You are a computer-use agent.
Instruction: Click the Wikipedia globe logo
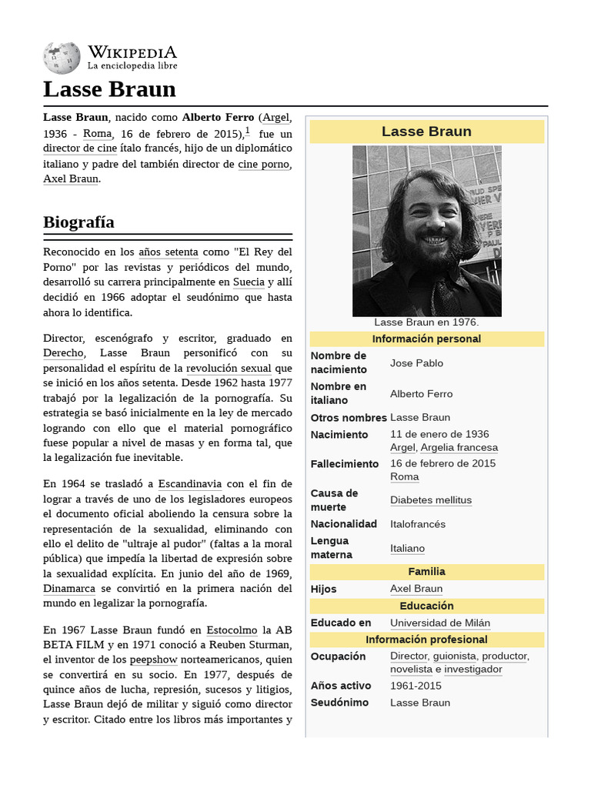tap(62, 58)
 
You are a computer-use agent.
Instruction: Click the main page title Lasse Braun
tap(109, 89)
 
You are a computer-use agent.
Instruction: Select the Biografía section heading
tap(78, 222)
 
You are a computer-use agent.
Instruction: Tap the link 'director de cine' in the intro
tap(79, 149)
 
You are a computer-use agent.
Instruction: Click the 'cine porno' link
tap(264, 164)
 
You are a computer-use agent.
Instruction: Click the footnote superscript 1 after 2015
tap(247, 131)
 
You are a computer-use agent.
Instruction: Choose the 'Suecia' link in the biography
tap(249, 282)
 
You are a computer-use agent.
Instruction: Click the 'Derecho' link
tap(63, 352)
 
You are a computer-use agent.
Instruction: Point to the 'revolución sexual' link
tap(229, 368)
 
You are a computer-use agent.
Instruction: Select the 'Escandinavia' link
tap(189, 484)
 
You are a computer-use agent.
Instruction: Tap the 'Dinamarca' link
tap(69, 589)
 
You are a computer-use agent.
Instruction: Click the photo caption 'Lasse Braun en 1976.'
tap(426, 322)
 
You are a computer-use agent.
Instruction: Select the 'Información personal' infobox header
tap(426, 339)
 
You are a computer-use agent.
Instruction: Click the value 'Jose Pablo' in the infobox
tap(416, 363)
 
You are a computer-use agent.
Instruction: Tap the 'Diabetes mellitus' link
tap(430, 500)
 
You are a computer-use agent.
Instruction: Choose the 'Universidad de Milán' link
tap(439, 623)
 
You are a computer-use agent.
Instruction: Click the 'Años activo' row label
tap(340, 686)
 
